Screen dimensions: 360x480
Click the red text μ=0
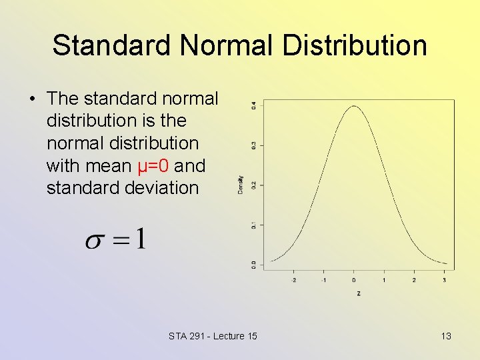tap(152, 165)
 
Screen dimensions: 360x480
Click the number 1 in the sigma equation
tap(140, 239)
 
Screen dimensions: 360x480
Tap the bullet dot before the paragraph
tap(31, 99)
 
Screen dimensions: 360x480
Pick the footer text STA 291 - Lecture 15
tap(213, 336)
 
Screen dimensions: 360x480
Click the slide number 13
tap(446, 336)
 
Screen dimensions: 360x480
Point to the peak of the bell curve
tap(354, 106)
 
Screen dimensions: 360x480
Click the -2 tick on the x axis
tap(294, 281)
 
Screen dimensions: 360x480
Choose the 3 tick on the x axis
tap(444, 281)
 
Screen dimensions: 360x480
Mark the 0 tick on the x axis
tap(354, 281)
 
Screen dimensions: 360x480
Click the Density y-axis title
tap(241, 185)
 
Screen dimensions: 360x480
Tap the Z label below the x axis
tap(359, 293)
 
